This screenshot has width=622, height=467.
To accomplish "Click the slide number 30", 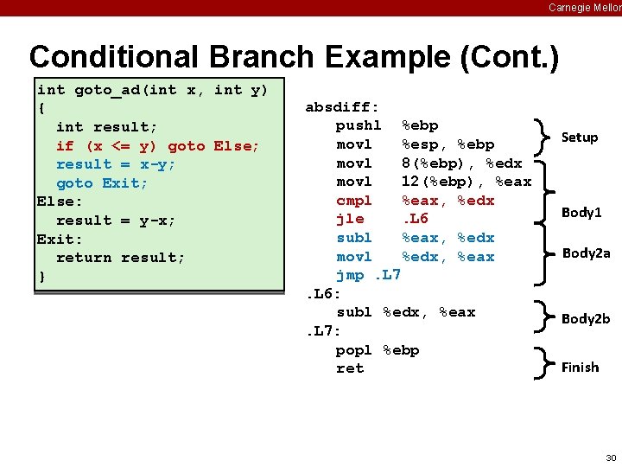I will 611,457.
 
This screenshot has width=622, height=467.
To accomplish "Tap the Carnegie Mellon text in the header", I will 584,7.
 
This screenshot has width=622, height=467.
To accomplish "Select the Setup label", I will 579,138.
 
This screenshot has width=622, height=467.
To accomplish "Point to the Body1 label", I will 581,213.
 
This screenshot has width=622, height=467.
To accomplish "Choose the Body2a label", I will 586,253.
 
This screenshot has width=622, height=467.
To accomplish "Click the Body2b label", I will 586,319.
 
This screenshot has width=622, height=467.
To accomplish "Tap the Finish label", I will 580,368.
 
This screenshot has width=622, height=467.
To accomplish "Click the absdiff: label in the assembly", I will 342,107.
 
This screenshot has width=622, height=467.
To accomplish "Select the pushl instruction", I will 359,125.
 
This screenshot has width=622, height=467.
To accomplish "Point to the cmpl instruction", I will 354,201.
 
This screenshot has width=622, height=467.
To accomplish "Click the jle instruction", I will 349,219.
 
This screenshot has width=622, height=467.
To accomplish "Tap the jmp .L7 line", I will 368,275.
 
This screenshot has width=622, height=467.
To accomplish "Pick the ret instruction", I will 350,368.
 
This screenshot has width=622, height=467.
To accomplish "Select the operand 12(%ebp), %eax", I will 466,182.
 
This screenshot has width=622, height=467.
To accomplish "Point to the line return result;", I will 120,258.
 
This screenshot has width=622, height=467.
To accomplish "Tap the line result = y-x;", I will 115,221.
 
